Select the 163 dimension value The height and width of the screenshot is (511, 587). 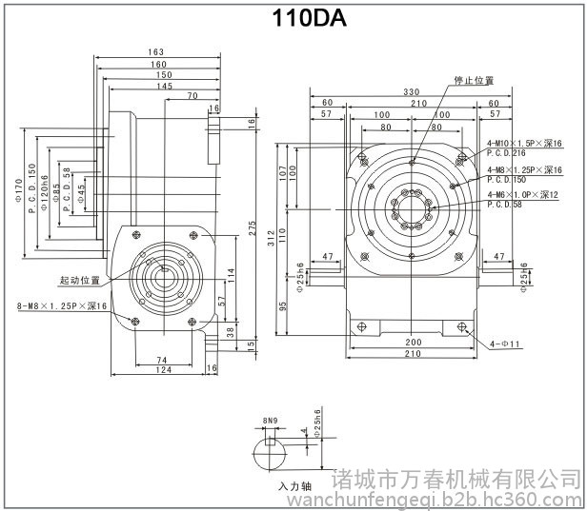(x=157, y=51)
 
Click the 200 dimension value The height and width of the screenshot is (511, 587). (x=413, y=341)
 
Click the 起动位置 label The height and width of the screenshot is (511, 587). (x=79, y=281)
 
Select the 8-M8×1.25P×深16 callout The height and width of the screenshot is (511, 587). (x=63, y=306)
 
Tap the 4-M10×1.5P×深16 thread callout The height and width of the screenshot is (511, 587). (x=523, y=142)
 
